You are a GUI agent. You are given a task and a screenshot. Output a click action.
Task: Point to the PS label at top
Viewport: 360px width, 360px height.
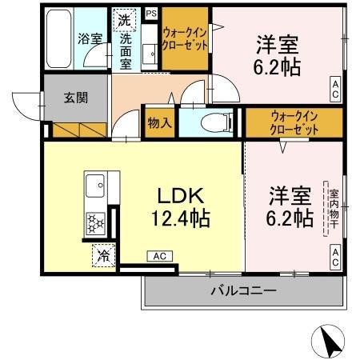(x=150, y=14)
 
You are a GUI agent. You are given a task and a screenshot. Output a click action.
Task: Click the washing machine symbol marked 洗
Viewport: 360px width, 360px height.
(x=125, y=20)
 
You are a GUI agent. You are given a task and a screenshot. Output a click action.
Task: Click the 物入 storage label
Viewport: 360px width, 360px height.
(x=160, y=123)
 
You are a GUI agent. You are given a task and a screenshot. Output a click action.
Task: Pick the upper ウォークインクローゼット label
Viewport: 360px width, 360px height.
(x=186, y=38)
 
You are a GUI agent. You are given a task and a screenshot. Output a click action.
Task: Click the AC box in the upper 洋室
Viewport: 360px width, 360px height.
(x=334, y=88)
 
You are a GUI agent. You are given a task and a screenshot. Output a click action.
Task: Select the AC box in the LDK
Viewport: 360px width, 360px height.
(x=158, y=256)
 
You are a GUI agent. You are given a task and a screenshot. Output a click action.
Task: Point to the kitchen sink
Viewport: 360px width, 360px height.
(x=94, y=186)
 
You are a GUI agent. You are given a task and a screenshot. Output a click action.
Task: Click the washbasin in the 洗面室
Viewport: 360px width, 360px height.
(x=149, y=53)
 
